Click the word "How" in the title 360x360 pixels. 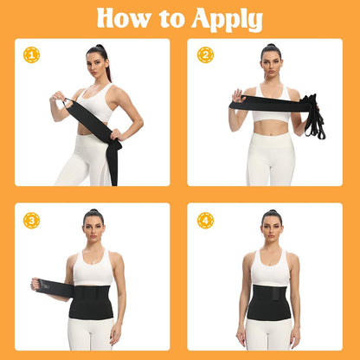point(123,18)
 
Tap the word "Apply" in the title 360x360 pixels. point(228,20)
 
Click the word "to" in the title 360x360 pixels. point(170,19)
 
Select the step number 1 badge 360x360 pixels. point(31,55)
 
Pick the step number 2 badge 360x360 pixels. point(205,55)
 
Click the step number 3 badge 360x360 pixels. point(31,221)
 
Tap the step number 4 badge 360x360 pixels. point(205,221)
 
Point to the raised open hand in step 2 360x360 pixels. point(238,96)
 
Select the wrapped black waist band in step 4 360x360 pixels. point(269,302)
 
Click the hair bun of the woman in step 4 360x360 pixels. point(272,212)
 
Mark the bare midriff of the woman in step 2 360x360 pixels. point(271,127)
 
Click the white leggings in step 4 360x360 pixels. point(268,335)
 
